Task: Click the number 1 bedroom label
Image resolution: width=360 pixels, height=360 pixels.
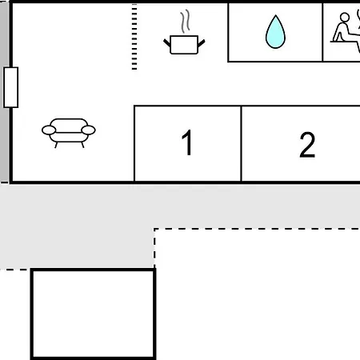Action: (187, 142)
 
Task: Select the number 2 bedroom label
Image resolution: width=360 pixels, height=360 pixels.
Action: (307, 145)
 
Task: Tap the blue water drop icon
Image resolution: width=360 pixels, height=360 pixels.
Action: (275, 32)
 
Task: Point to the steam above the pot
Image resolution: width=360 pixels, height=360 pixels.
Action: (185, 21)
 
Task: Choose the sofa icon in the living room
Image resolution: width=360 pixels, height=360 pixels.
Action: (69, 133)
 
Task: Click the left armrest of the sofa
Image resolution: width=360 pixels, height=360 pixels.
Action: (49, 130)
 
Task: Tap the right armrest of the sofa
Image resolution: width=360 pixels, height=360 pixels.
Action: (88, 130)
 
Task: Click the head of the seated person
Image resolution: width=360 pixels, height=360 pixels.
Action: (345, 18)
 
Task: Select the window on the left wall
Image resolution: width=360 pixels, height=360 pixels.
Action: (11, 87)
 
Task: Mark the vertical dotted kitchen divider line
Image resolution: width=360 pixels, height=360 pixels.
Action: (134, 37)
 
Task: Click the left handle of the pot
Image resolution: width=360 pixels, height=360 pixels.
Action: (167, 42)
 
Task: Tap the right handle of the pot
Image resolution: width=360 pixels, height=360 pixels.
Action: (202, 43)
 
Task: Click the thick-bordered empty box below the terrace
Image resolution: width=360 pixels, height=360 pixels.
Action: (93, 314)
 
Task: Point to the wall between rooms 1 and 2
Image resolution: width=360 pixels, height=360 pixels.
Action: (241, 143)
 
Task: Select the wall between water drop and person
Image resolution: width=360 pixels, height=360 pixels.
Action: (322, 32)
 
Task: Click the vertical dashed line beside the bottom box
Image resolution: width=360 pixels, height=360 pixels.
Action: (154, 248)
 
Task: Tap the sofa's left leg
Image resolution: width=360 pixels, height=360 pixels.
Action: (56, 145)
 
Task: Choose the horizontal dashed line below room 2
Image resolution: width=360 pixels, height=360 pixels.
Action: (257, 229)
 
